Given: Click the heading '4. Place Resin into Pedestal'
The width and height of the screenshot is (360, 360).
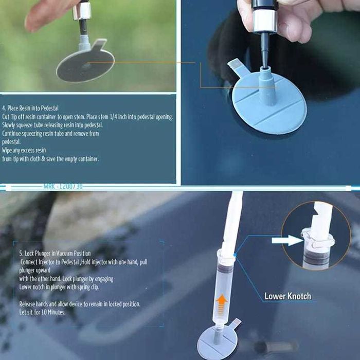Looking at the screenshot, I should tap(30, 108).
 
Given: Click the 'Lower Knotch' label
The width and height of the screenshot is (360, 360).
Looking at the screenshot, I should tap(287, 296).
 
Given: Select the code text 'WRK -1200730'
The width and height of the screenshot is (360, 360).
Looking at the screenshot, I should tap(63, 186).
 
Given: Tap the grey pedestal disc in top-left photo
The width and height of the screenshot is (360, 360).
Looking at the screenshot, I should tap(85, 65).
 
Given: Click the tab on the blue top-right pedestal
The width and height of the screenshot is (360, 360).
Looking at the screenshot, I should tap(238, 66).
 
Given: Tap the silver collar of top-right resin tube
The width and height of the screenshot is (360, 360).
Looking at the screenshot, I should tap(265, 21).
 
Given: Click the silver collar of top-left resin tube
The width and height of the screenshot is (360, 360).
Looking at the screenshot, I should tap(82, 11).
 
